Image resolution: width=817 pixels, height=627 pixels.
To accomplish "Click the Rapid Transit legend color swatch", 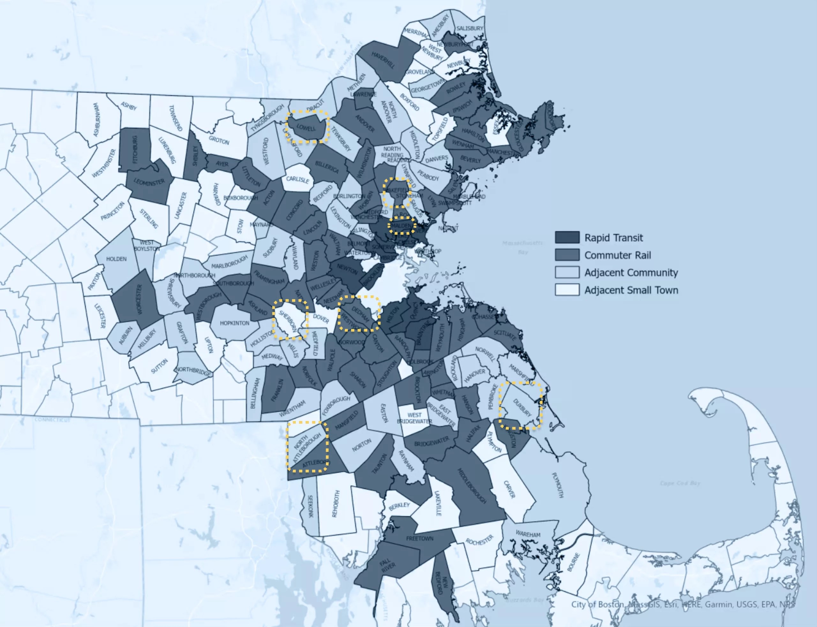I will pyautogui.click(x=567, y=237).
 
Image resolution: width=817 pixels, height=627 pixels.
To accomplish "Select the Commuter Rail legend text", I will pyautogui.click(x=617, y=255).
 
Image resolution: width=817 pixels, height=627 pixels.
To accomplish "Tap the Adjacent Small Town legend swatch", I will pyautogui.click(x=567, y=290).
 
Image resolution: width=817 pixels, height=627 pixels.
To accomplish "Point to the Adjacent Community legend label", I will pyautogui.click(x=631, y=272).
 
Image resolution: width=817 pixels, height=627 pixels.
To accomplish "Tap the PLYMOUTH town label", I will pyautogui.click(x=557, y=485).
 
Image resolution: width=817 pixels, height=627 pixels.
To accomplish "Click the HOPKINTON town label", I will pyautogui.click(x=234, y=323).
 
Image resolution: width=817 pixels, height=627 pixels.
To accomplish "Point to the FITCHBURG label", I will pyautogui.click(x=135, y=149).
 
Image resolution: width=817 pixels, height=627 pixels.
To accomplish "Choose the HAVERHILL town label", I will pyautogui.click(x=383, y=60).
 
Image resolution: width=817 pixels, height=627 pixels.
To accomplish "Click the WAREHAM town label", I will pyautogui.click(x=528, y=534).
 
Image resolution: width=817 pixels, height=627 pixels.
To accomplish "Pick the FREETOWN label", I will pyautogui.click(x=420, y=539).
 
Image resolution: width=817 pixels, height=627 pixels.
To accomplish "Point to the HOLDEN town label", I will pyautogui.click(x=116, y=259).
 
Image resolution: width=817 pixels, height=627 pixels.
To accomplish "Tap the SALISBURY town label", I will pyautogui.click(x=469, y=28).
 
